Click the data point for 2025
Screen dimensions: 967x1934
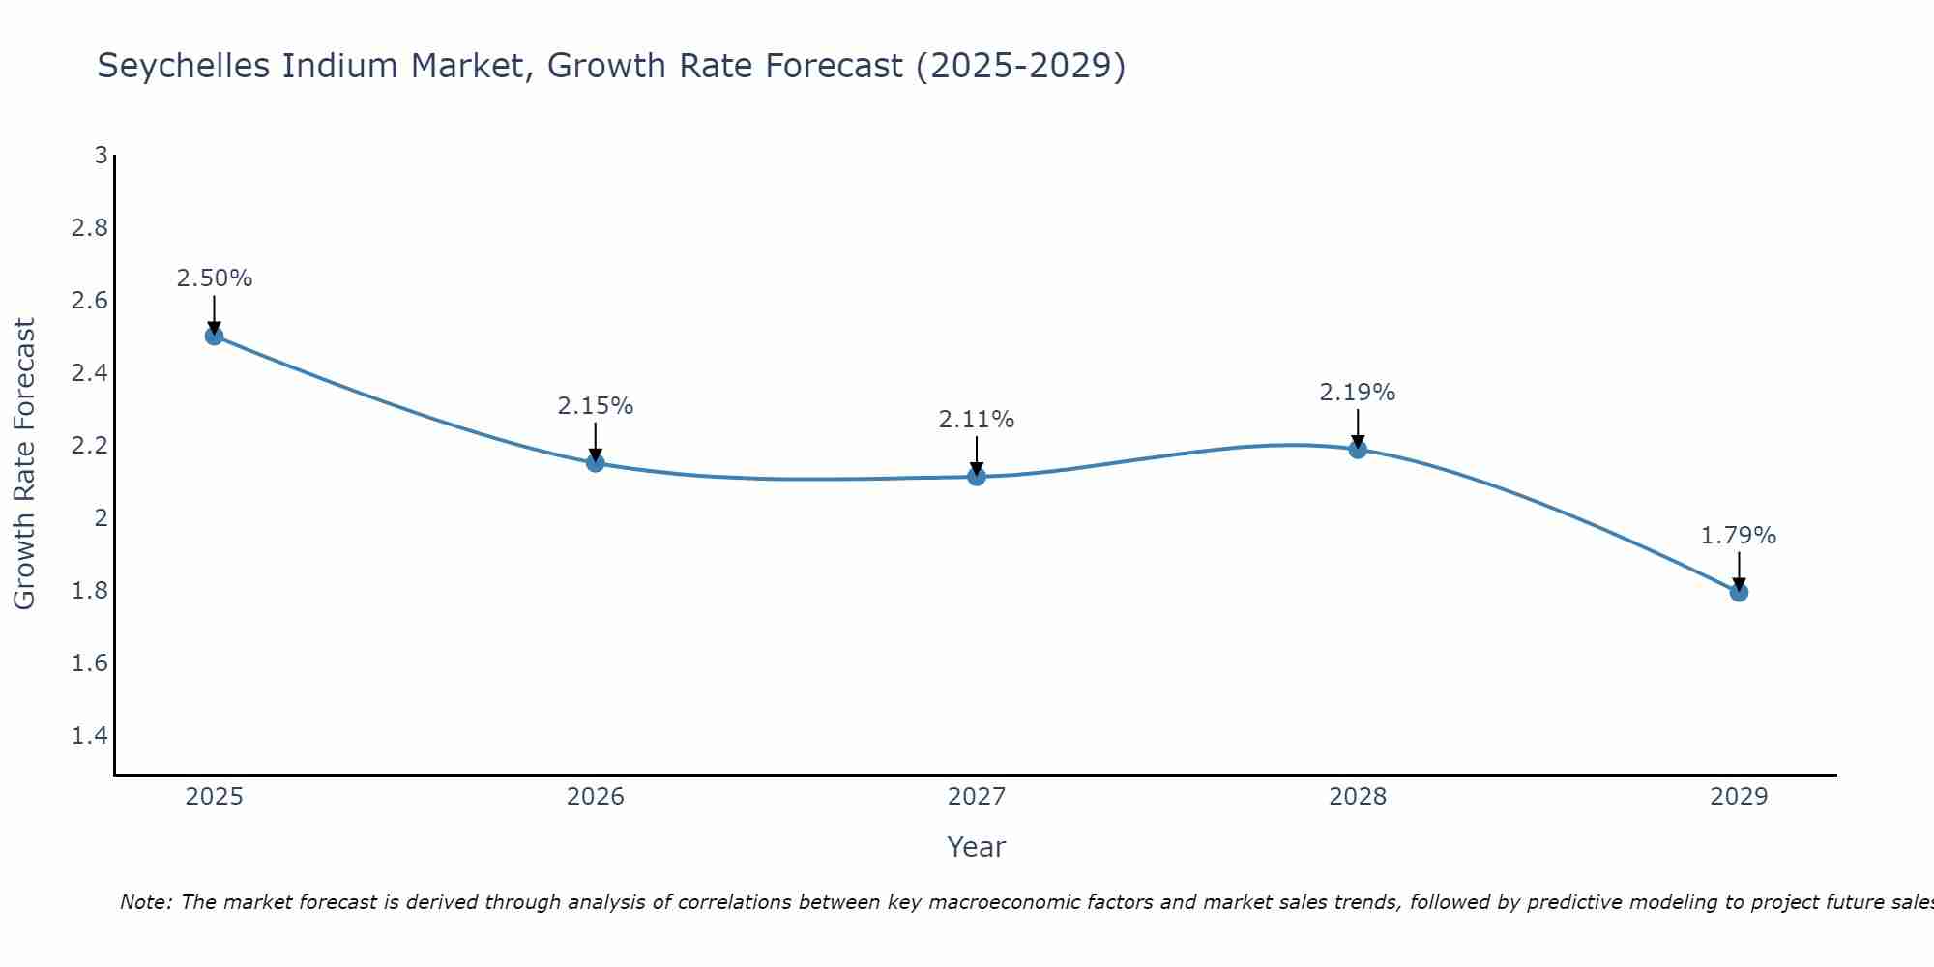click(x=215, y=337)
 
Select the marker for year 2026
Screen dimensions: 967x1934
click(x=596, y=463)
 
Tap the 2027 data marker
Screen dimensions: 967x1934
click(x=977, y=477)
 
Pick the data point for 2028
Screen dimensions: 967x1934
click(x=1358, y=449)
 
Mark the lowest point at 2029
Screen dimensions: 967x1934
click(x=1739, y=592)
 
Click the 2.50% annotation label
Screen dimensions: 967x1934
click(x=215, y=278)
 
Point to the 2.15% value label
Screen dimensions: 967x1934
click(x=596, y=406)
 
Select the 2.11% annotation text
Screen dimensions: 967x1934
click(x=977, y=420)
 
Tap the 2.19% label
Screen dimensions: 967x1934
click(x=1358, y=393)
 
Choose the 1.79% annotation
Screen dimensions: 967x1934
click(x=1739, y=536)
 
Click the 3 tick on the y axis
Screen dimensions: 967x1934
click(x=100, y=156)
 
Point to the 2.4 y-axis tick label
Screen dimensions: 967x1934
click(x=90, y=373)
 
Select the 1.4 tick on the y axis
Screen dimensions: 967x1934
click(x=90, y=736)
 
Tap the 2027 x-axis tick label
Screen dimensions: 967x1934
click(x=977, y=797)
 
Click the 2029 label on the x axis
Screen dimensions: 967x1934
click(x=1739, y=797)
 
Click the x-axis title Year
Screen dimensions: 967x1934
click(x=977, y=847)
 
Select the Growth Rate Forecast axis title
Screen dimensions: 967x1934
click(x=25, y=464)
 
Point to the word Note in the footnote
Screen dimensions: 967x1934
click(x=144, y=902)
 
